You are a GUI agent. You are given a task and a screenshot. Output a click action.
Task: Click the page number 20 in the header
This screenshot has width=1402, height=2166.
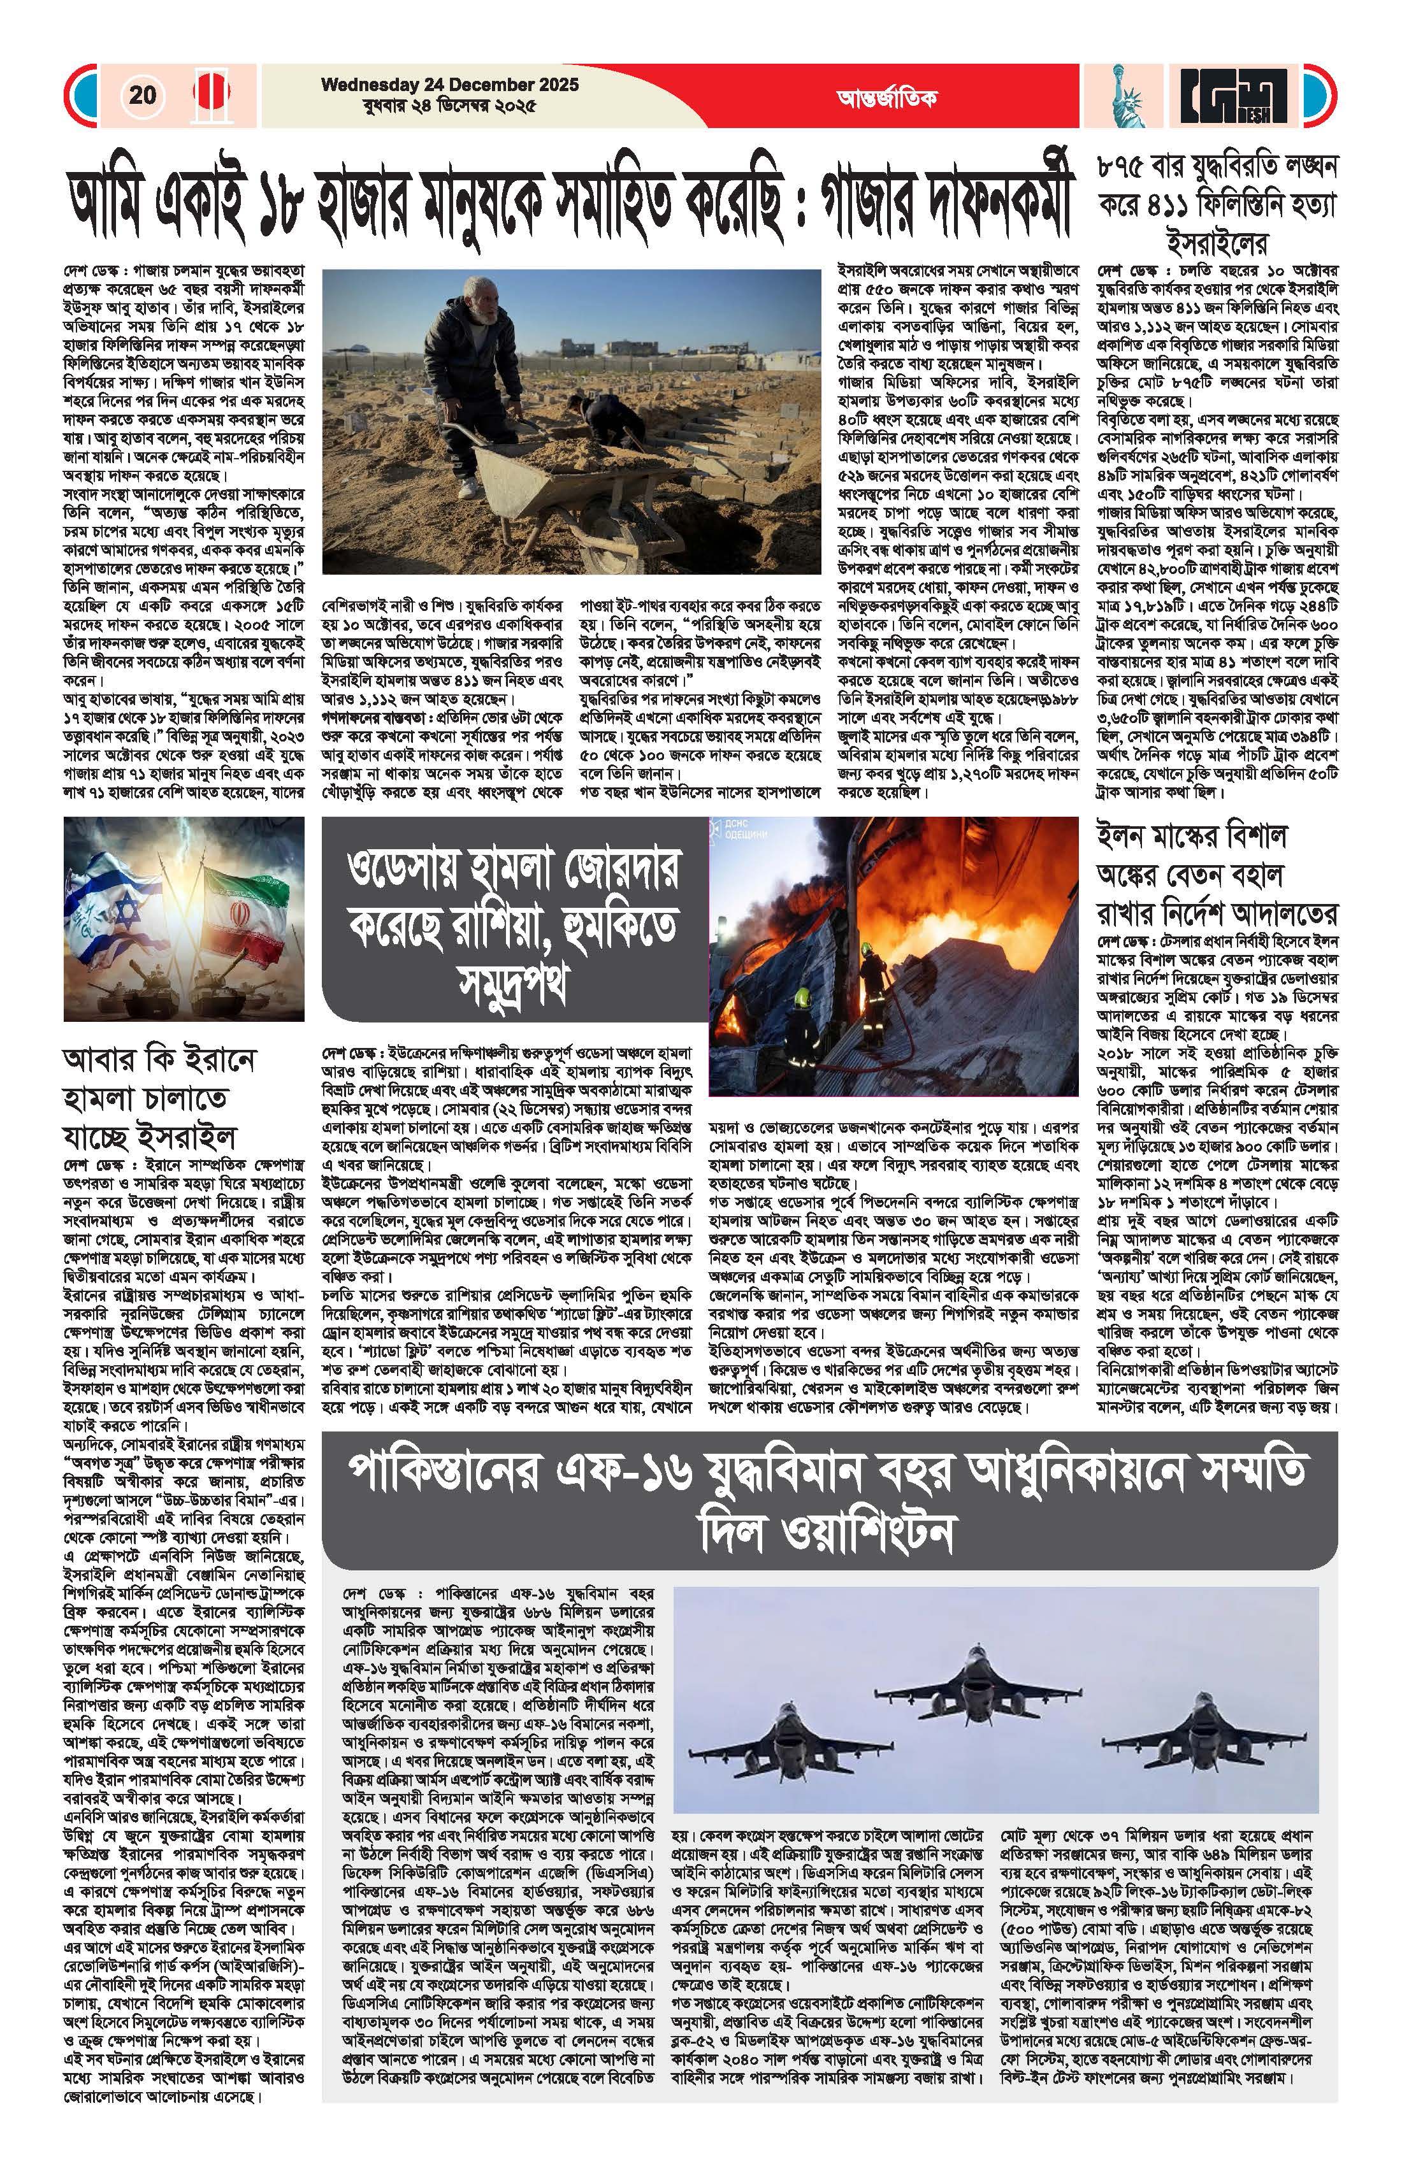coord(142,95)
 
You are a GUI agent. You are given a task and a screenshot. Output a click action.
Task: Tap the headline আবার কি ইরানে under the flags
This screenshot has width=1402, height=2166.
coord(160,1059)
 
